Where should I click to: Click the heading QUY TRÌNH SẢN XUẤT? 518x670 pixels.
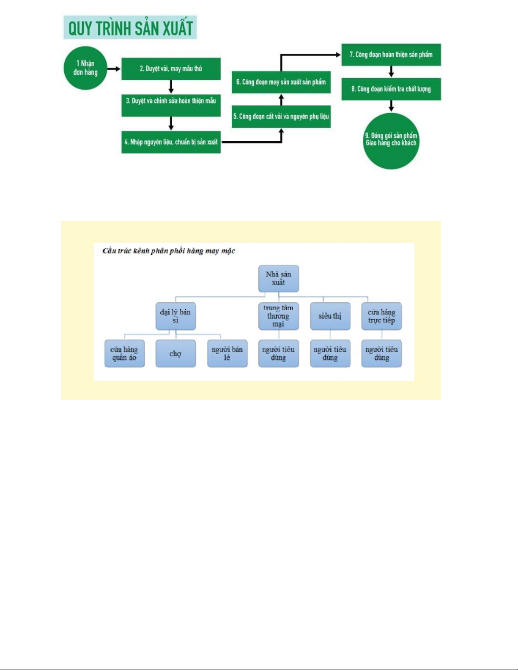(130, 28)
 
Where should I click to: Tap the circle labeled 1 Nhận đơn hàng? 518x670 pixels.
(85, 68)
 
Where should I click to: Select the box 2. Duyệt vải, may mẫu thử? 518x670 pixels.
(171, 69)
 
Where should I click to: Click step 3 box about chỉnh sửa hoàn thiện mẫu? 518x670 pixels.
(171, 105)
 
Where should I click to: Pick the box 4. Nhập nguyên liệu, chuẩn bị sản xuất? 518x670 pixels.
(171, 142)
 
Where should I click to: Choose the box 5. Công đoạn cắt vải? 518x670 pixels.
(281, 117)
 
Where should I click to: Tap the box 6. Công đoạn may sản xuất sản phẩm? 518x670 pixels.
(281, 82)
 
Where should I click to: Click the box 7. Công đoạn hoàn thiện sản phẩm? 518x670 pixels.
(391, 55)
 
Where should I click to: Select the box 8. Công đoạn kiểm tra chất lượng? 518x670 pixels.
(391, 89)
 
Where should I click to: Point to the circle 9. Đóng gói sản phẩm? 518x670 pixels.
(391, 141)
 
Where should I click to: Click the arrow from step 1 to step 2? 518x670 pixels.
(114, 69)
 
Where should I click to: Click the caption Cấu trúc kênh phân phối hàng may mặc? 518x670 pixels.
(169, 251)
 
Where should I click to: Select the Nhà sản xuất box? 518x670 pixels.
(278, 279)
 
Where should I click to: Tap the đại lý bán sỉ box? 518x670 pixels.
(175, 316)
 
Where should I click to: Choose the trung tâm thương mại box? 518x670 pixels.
(278, 316)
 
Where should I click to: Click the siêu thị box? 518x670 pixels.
(330, 316)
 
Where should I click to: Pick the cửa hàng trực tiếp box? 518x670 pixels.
(381, 316)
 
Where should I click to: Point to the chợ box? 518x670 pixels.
(175, 354)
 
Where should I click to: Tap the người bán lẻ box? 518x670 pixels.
(227, 354)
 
